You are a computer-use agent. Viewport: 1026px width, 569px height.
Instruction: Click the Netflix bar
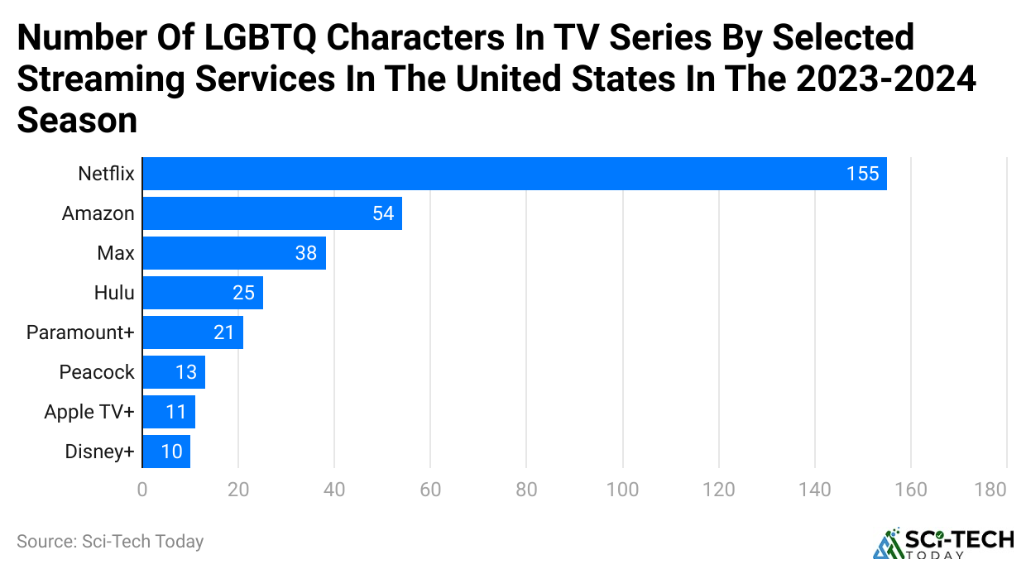[514, 174]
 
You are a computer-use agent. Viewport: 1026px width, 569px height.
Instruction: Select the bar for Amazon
[272, 213]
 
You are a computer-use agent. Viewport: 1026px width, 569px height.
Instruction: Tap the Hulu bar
[203, 293]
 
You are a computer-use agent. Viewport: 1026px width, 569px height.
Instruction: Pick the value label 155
[862, 174]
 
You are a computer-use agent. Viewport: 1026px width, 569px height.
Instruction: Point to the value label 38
[306, 253]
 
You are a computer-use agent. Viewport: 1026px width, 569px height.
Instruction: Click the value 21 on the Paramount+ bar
[225, 332]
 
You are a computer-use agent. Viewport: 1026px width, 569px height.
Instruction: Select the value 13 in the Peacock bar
[186, 372]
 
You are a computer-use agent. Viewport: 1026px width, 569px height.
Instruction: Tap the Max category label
[115, 253]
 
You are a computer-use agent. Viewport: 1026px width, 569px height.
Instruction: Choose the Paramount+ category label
[80, 332]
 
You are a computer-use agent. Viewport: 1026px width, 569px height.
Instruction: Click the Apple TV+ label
[89, 412]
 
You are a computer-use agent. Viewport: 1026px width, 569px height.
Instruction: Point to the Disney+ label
[99, 452]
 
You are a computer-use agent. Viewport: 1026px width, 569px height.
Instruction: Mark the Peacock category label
[97, 372]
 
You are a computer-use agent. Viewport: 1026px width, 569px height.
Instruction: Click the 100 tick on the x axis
[622, 490]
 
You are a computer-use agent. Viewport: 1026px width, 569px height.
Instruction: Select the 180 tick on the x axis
[990, 490]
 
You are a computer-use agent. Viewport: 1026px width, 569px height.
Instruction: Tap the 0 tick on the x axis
[142, 490]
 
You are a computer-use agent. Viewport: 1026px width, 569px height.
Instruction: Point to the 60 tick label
[430, 490]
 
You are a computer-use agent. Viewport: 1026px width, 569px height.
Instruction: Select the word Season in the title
[77, 121]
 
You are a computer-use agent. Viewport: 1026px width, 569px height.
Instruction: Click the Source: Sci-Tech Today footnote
[110, 542]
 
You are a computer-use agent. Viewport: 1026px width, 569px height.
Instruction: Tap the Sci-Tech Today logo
[943, 543]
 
